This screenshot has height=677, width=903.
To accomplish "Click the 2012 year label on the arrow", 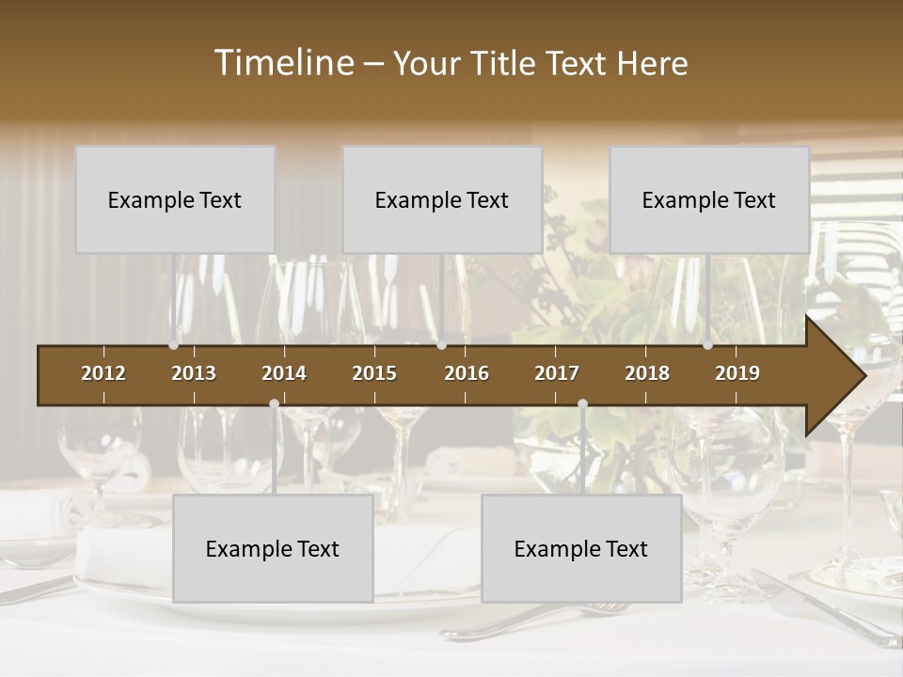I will [x=103, y=373].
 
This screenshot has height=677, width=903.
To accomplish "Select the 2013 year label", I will [x=194, y=373].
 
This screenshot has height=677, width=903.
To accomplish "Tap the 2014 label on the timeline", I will [x=284, y=373].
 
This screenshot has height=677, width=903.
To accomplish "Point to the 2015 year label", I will [x=374, y=373].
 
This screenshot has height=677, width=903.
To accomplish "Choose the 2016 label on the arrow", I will [x=467, y=373].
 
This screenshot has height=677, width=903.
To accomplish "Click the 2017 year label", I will [x=557, y=373].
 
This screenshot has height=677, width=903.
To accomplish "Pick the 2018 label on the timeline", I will [x=647, y=373].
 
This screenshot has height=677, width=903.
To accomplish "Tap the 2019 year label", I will [x=737, y=373].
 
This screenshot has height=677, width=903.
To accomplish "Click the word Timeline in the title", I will [x=282, y=63].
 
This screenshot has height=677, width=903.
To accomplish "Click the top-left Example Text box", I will [x=175, y=199].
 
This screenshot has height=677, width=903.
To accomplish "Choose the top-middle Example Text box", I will [x=442, y=199].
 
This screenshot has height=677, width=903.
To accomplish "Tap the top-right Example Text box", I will [x=709, y=199].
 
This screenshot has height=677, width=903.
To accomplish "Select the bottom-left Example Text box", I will [x=273, y=548].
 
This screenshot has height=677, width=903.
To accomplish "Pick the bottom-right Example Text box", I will [x=581, y=548].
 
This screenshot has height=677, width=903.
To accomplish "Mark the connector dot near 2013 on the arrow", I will [x=174, y=345].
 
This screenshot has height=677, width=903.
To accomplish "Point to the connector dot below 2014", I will [x=274, y=403].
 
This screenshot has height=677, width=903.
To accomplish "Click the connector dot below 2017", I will [x=582, y=403].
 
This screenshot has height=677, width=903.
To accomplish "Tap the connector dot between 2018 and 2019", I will [x=707, y=345].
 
